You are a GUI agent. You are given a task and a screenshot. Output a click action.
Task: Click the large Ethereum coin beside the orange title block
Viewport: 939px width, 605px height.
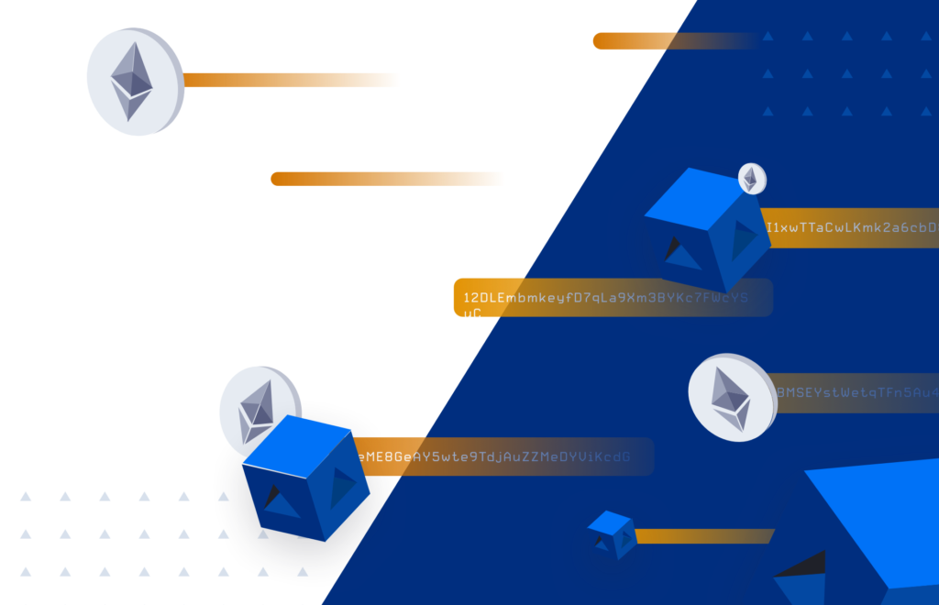tap(134, 82)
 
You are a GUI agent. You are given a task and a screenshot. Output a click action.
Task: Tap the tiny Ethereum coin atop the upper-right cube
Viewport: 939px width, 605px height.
tap(752, 178)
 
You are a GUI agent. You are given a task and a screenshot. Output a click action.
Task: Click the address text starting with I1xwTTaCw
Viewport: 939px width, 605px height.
tap(851, 227)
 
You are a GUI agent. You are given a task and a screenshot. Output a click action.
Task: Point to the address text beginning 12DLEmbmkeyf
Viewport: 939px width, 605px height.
tap(605, 298)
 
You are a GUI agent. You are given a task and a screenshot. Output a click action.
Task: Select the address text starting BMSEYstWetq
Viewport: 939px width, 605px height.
tap(856, 393)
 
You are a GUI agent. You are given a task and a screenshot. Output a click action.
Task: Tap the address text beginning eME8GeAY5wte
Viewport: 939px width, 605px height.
tap(495, 456)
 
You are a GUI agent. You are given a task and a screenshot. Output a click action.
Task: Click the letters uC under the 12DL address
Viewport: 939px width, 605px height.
tap(472, 313)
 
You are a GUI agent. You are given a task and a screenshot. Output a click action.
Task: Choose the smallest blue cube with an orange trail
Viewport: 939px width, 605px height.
tap(612, 533)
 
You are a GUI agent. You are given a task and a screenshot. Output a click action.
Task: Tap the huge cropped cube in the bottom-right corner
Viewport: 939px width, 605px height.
tap(862, 541)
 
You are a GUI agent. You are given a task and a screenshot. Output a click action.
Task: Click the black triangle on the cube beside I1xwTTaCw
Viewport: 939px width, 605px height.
tap(677, 246)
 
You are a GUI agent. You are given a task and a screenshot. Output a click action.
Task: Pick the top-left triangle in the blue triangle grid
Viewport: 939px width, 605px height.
tap(768, 37)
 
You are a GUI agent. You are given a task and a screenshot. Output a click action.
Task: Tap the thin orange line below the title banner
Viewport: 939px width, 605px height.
tap(275, 179)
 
